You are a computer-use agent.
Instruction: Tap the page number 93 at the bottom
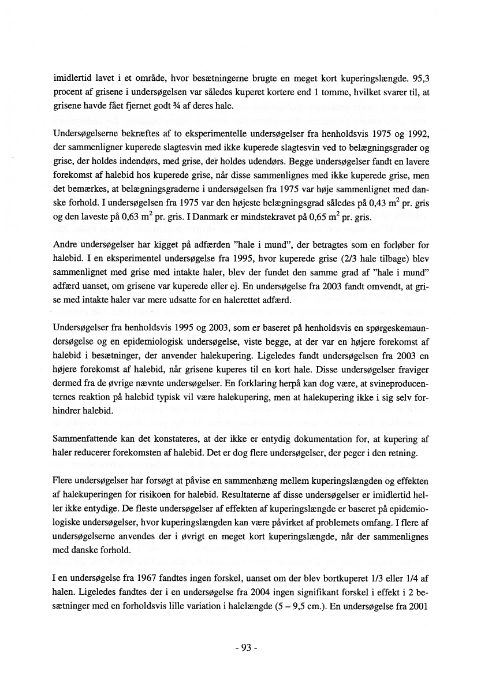[238, 647]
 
